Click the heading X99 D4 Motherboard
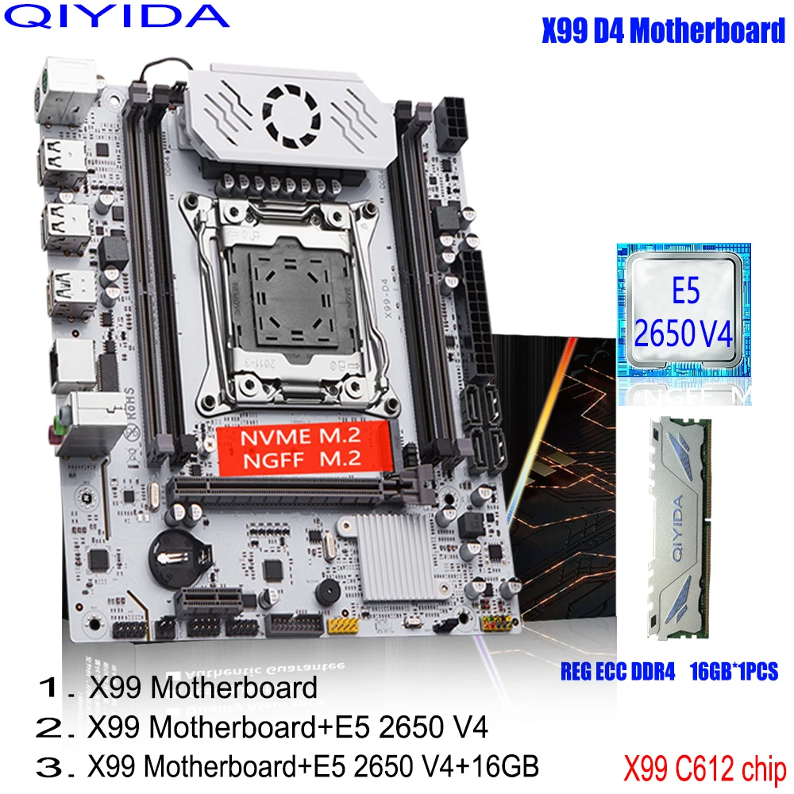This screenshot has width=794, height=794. click(x=662, y=31)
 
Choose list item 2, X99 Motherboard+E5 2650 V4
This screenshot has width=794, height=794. click(x=262, y=727)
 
